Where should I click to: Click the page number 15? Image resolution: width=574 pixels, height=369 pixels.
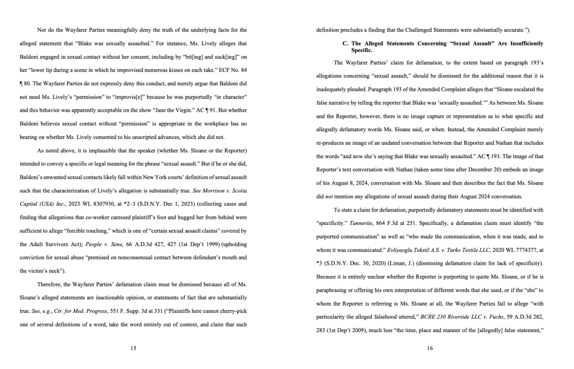[x=133, y=348]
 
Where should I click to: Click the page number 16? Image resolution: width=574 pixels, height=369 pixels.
[x=429, y=348]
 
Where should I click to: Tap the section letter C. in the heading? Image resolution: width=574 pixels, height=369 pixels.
[x=346, y=43]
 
